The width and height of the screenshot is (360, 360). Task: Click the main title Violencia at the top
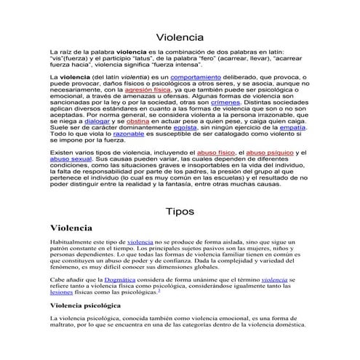[180, 37]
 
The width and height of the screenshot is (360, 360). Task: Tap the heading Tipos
[180, 212]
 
